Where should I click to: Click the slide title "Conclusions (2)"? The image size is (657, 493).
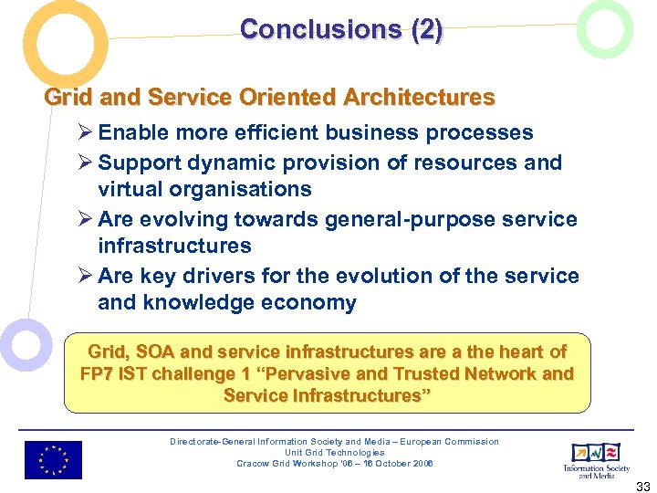[x=341, y=29]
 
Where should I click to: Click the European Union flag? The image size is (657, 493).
[x=53, y=460]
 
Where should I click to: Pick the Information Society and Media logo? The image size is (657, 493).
[x=595, y=458]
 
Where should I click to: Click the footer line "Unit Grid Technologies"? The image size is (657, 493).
[x=334, y=453]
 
